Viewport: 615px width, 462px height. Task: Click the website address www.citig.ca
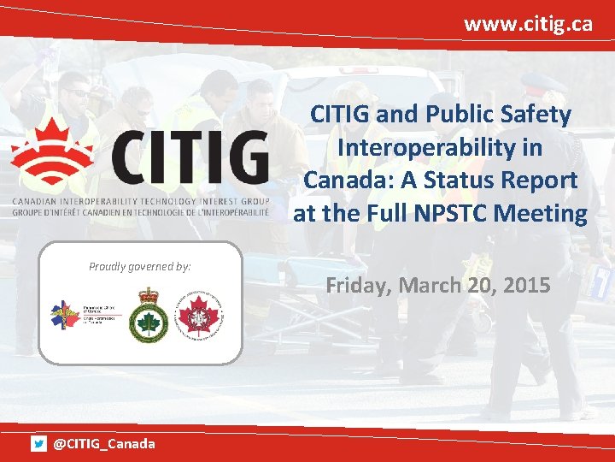pyautogui.click(x=528, y=23)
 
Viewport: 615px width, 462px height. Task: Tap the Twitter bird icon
pyautogui.click(x=38, y=443)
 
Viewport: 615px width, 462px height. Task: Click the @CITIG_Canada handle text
pyautogui.click(x=104, y=443)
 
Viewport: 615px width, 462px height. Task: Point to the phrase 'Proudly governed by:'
pyautogui.click(x=140, y=266)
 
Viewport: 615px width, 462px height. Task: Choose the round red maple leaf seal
pyautogui.click(x=199, y=315)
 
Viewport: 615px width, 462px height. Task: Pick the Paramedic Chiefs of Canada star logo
pyautogui.click(x=67, y=317)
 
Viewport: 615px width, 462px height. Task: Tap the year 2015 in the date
pyautogui.click(x=525, y=285)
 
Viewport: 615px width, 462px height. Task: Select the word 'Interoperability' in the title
pyautogui.click(x=439, y=147)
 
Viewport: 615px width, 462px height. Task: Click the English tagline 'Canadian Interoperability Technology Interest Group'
pyautogui.click(x=140, y=201)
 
